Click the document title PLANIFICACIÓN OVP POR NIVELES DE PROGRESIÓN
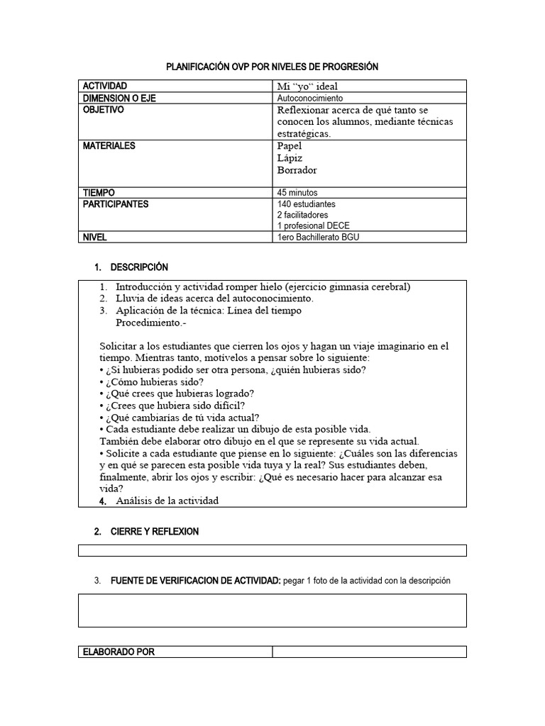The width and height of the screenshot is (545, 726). (x=272, y=67)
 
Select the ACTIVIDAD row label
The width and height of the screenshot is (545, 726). (x=105, y=86)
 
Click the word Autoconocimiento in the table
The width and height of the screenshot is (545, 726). (x=309, y=98)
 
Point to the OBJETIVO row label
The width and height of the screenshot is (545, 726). (x=103, y=111)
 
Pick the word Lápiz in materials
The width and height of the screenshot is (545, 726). (x=290, y=158)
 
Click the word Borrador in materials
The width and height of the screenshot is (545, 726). (x=297, y=170)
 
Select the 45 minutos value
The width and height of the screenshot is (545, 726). (x=297, y=192)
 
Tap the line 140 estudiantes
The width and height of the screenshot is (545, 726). (x=306, y=204)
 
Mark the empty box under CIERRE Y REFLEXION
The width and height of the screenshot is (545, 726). (x=272, y=550)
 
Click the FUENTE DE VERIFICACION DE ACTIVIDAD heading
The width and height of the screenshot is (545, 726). (x=196, y=580)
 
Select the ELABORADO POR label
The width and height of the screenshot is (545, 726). (x=119, y=652)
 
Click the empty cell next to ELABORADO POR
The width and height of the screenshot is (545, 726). (x=369, y=652)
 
